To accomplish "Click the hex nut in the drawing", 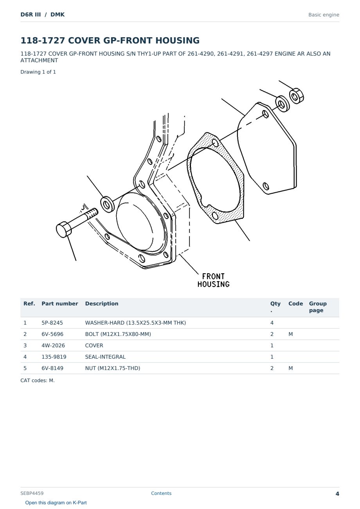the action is (296, 96).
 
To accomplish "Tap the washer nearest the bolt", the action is (107, 204).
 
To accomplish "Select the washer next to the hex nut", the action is (282, 104).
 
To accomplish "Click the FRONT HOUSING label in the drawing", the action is (213, 280).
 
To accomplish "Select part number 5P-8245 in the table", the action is (52, 323).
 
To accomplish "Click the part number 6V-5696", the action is (52, 334).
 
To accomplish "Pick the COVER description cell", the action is (94, 345).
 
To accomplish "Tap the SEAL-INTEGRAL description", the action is (105, 357).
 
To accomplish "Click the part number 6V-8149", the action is (52, 368).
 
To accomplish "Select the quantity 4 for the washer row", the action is (272, 323).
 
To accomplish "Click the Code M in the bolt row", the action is (290, 334).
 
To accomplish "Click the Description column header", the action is (101, 303).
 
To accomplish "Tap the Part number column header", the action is (59, 303).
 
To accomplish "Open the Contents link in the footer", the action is (161, 493).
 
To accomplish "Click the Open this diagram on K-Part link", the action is (56, 503).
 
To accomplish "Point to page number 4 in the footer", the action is (337, 494).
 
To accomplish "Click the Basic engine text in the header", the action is (324, 15).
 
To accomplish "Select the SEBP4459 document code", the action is (32, 493).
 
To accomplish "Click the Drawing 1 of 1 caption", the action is (38, 72).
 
